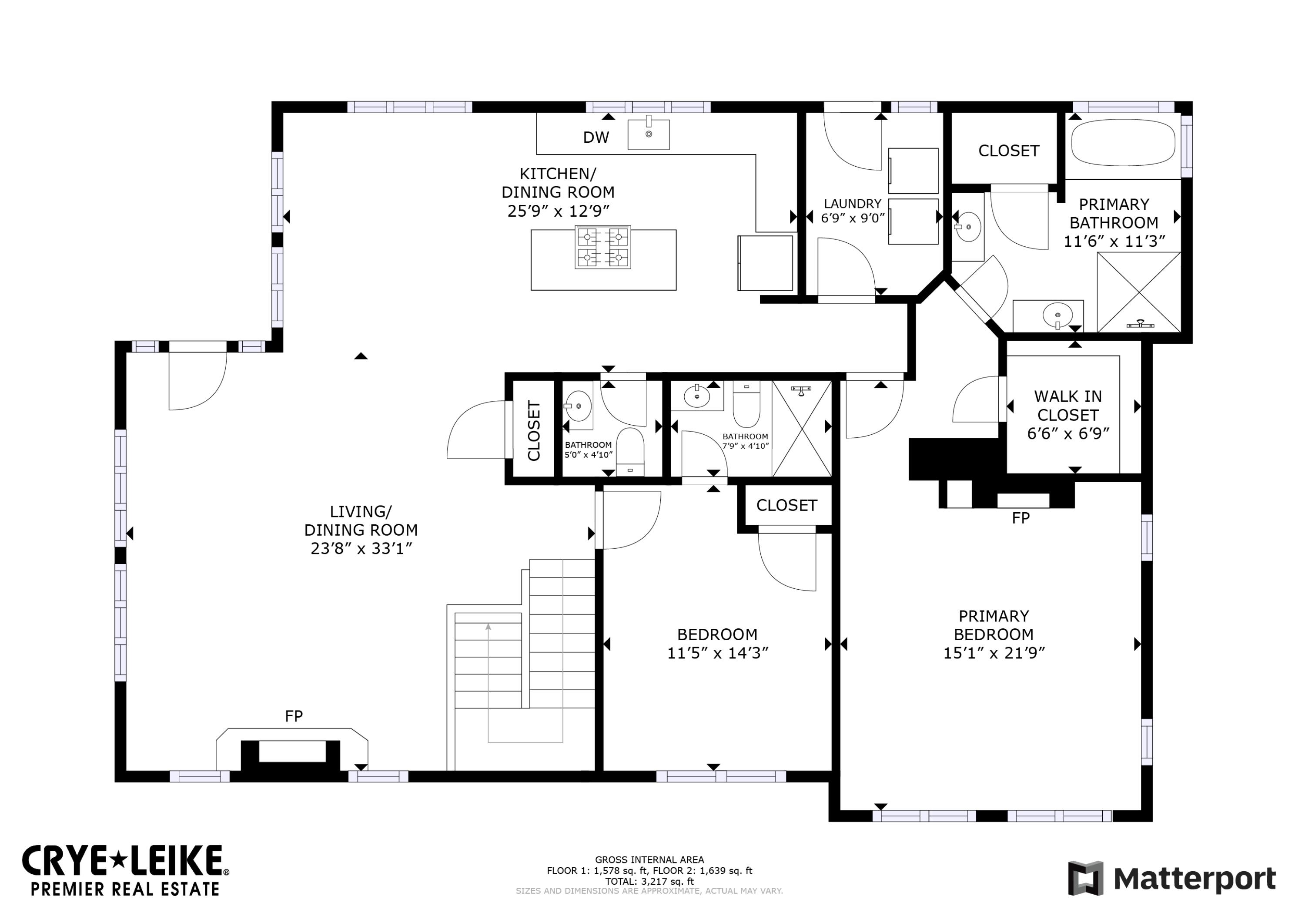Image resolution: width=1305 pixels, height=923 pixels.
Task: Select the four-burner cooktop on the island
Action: [x=602, y=247]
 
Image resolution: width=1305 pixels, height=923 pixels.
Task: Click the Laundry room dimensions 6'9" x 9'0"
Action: [x=853, y=218]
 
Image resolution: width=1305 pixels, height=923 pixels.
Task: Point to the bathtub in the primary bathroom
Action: [x=1123, y=142]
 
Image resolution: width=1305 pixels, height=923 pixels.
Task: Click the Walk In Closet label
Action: [x=1068, y=406]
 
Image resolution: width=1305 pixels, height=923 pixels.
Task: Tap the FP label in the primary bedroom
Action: [x=1021, y=518]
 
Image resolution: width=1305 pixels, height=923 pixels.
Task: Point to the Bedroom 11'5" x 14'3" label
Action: [x=717, y=644]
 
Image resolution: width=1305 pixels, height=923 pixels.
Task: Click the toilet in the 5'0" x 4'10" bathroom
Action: [x=630, y=452]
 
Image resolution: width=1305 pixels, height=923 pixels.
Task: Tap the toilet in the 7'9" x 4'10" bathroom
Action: [x=746, y=404]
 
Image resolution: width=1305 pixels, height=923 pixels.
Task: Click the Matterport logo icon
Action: [x=1086, y=878]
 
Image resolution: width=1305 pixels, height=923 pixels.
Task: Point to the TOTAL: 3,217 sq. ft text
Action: [x=649, y=882]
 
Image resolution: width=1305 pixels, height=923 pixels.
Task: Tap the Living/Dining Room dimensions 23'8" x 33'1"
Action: [x=361, y=549]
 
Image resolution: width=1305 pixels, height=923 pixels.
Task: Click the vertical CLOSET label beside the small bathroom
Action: [x=534, y=430]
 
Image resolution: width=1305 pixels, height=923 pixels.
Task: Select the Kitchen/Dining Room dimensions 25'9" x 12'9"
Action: [x=558, y=211]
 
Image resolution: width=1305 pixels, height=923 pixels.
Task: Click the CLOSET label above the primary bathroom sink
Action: [x=1009, y=151]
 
